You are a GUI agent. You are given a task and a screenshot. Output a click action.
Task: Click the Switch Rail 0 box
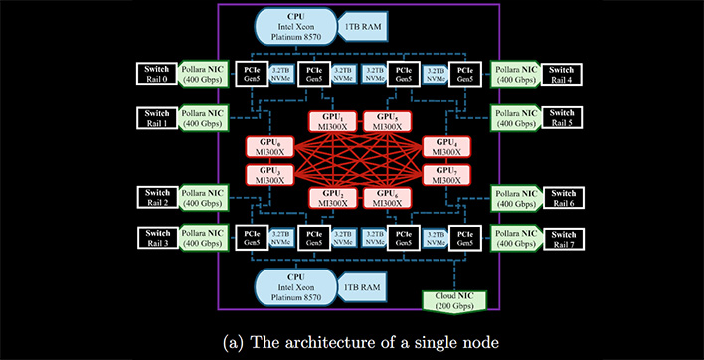[158, 74]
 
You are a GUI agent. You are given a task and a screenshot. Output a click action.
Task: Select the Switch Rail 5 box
[563, 117]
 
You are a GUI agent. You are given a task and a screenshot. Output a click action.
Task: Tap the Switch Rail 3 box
[158, 237]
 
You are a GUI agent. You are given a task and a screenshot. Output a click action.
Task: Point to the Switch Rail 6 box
[563, 196]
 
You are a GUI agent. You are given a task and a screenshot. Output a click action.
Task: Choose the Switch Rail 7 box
[563, 237]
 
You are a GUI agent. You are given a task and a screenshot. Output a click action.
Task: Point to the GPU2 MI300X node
[333, 195]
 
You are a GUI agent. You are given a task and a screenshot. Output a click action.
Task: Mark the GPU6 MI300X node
[388, 195]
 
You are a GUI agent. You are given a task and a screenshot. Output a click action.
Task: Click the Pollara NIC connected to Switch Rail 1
[204, 117]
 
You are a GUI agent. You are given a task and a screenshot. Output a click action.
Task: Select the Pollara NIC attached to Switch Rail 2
[204, 196]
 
